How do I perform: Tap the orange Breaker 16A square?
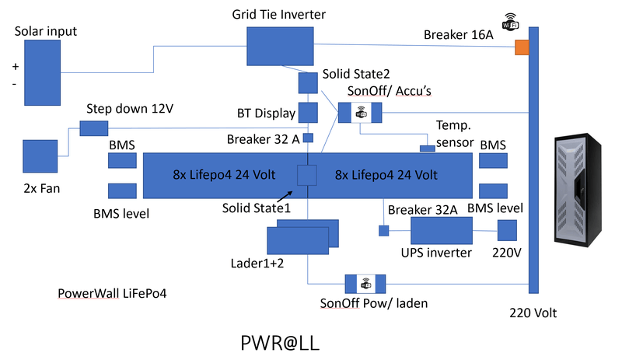coord(522,48)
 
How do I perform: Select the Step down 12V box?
coord(93,127)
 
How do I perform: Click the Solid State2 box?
coord(309,82)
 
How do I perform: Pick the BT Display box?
coord(309,113)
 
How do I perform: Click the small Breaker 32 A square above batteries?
coord(308,138)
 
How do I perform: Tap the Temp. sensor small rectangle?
coord(427,148)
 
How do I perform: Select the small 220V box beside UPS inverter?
coord(507,230)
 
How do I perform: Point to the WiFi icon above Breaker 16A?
coord(510,20)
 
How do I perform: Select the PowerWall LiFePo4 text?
coord(113,294)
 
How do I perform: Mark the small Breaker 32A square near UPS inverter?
coord(383,230)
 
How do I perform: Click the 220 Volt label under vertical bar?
coord(533,313)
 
